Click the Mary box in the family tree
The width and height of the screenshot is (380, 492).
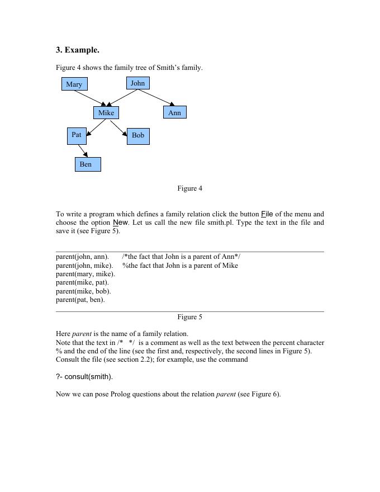pos(74,84)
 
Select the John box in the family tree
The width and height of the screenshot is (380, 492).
pos(137,83)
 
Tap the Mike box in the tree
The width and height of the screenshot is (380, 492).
pos(106,113)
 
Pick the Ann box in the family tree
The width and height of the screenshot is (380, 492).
pos(175,113)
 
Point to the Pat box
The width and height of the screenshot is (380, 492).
pos(77,135)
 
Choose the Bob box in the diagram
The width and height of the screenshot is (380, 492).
pos(138,136)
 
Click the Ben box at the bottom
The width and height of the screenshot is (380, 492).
pos(88,164)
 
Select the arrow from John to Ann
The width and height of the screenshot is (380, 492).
pos(156,97)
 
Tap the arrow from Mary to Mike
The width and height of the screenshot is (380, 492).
pos(89,98)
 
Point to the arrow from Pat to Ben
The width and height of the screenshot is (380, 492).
pos(83,151)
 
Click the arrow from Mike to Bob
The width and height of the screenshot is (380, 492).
pos(119,128)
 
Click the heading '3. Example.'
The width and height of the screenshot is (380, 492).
pos(78,50)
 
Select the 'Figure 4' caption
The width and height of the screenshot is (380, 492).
pos(190,188)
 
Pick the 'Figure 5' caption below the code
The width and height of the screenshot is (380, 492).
pos(190,317)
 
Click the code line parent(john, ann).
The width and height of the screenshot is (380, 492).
pos(82,257)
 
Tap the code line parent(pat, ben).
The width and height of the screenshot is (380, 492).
pos(80,300)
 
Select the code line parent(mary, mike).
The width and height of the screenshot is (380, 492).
pos(85,274)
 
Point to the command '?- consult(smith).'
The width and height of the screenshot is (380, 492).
pos(84,377)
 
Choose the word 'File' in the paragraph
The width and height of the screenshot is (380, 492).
pos(267,214)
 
